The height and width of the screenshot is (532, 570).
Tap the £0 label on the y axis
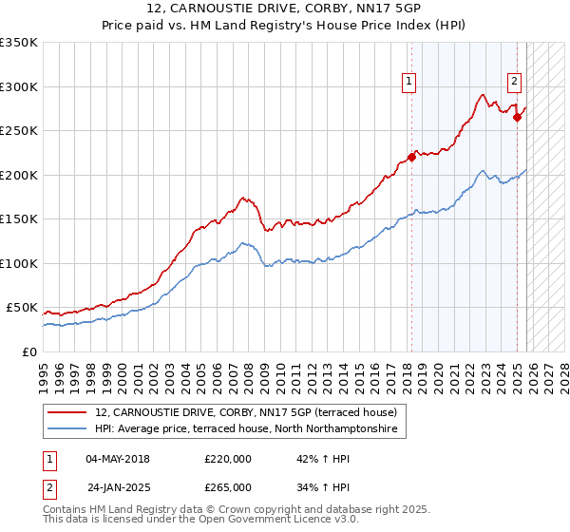(x=28, y=351)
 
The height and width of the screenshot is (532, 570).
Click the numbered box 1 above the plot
(x=408, y=83)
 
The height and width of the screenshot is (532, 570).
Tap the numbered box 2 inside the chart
(x=514, y=83)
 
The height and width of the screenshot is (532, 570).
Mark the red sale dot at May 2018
(x=411, y=158)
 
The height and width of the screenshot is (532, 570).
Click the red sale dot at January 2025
(x=517, y=118)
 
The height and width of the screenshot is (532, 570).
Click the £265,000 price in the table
(x=228, y=486)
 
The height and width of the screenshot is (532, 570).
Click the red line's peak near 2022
(x=483, y=94)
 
